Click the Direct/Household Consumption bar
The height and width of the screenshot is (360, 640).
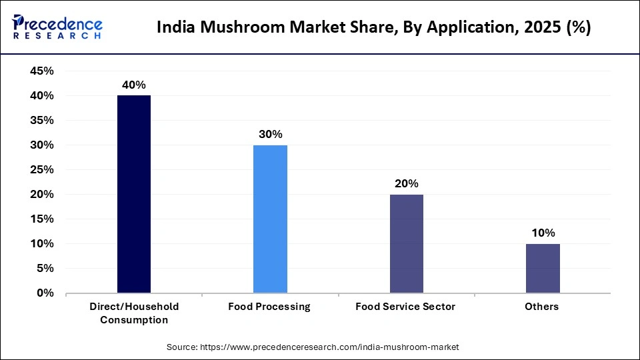point(134,194)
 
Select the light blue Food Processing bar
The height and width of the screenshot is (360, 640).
point(270,219)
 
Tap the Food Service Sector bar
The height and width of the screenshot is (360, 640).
point(406,243)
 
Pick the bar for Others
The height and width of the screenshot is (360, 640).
point(542,268)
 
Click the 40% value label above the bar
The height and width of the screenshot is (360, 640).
point(133,85)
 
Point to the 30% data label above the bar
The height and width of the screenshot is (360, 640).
point(270,134)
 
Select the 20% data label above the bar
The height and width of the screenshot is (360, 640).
point(406,183)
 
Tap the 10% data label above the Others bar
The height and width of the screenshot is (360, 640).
point(543,233)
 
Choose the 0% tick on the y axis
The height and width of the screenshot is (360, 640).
point(45,293)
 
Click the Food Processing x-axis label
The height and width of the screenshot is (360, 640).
point(269,307)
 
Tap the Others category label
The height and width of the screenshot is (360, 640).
point(542,307)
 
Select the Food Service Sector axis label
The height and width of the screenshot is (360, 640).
point(405,307)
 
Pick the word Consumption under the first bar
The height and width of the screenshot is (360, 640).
point(134,320)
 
